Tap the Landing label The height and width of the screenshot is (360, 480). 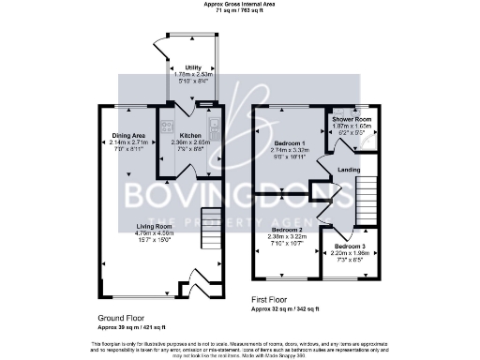349,170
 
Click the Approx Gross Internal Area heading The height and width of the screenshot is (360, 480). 239,5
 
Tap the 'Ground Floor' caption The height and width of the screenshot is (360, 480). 120,318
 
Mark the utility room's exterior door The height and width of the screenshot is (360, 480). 160,47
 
